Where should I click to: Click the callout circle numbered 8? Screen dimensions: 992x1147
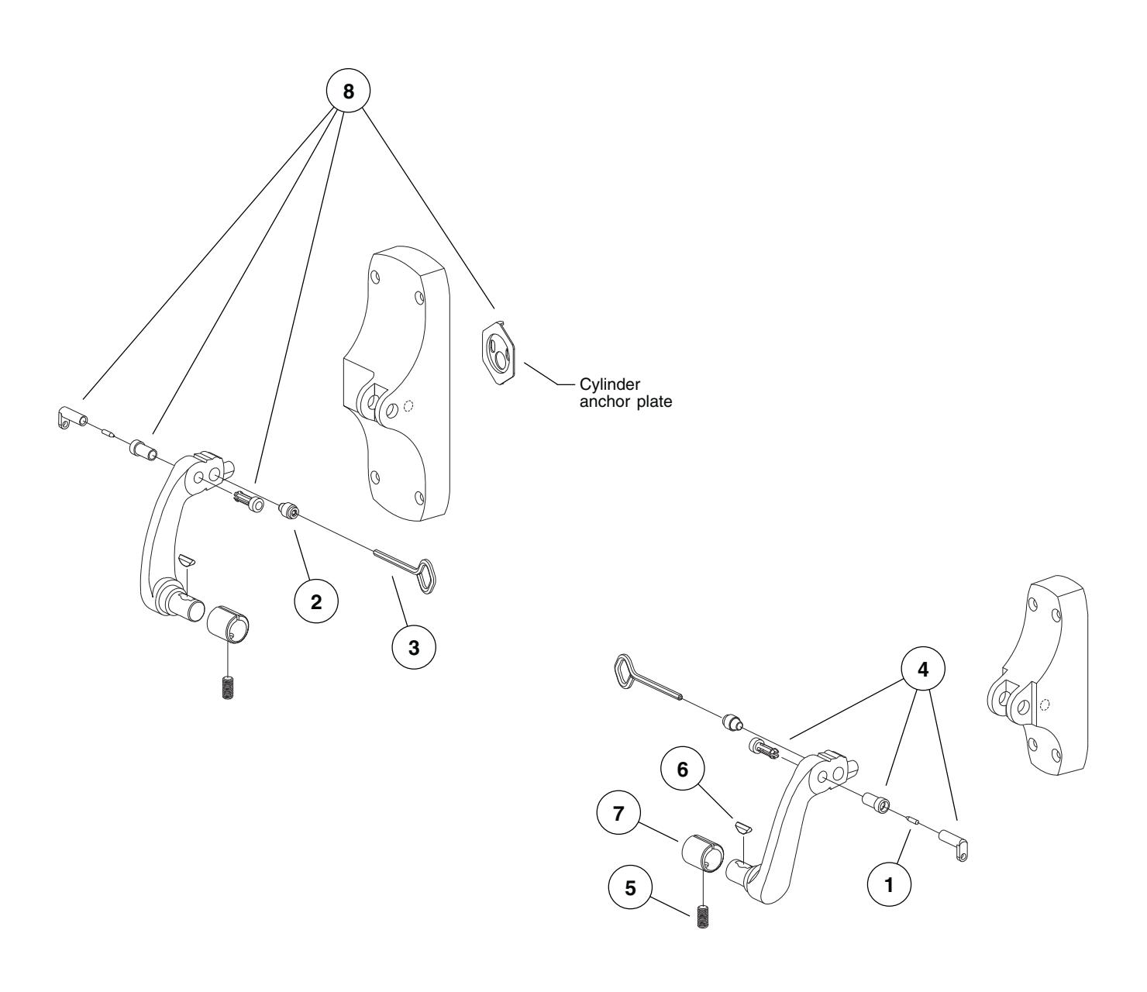[x=348, y=91]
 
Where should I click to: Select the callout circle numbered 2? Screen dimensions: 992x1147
[x=316, y=604]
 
